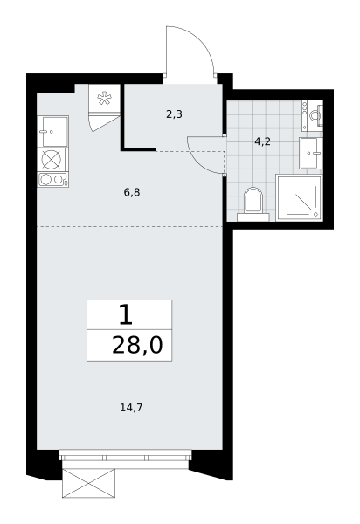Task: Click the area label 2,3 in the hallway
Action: (174, 115)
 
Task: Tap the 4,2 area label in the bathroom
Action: (262, 142)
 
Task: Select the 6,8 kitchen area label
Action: (132, 192)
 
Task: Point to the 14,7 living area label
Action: (131, 408)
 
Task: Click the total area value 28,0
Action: (137, 345)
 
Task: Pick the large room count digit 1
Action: (126, 316)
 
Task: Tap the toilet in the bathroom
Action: (253, 204)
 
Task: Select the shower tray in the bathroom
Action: (299, 197)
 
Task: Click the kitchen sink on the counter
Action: (52, 131)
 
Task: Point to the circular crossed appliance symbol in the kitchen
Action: (52, 159)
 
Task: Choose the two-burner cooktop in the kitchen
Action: (52, 180)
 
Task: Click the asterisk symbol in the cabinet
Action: (104, 99)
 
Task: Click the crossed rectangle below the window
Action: (88, 483)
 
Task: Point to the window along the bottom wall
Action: (125, 457)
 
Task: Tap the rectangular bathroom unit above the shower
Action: (311, 153)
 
